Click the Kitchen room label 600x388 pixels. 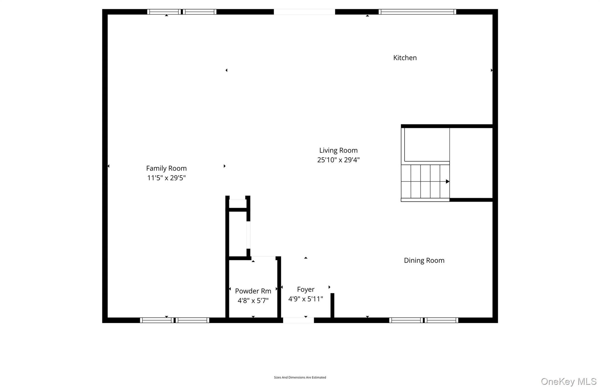click(x=405, y=58)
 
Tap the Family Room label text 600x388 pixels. click(x=166, y=168)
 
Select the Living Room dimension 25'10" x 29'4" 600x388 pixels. click(x=338, y=160)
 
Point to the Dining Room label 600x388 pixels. click(x=424, y=260)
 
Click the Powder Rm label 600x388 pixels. click(x=253, y=291)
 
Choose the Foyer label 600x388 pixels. click(x=306, y=289)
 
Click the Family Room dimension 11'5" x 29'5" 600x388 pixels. click(x=166, y=178)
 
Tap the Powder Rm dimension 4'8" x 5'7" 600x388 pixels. click(x=253, y=300)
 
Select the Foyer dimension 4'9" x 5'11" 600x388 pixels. click(x=306, y=299)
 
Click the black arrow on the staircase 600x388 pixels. click(x=447, y=182)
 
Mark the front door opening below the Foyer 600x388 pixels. click(x=298, y=320)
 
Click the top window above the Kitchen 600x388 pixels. click(x=417, y=12)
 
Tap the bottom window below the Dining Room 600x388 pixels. click(x=423, y=320)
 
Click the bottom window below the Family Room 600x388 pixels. click(x=174, y=320)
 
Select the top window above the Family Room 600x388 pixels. click(x=182, y=12)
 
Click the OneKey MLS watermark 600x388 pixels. click(x=568, y=381)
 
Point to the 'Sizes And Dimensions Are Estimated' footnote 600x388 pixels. click(x=300, y=377)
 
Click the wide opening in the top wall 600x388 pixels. click(x=304, y=12)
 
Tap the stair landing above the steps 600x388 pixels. click(x=427, y=145)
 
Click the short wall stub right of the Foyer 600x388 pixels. click(x=332, y=305)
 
